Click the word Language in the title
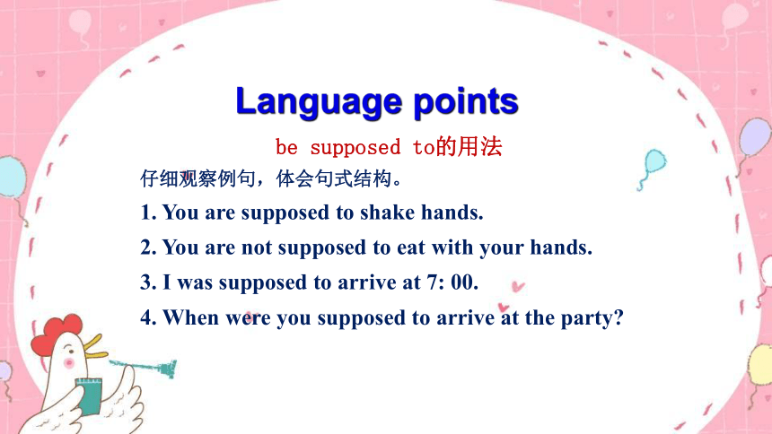(319, 102)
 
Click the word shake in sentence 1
(387, 213)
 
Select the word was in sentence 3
(195, 283)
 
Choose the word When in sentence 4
(190, 317)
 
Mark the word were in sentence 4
(248, 318)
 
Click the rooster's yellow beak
(95, 346)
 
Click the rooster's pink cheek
(69, 363)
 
